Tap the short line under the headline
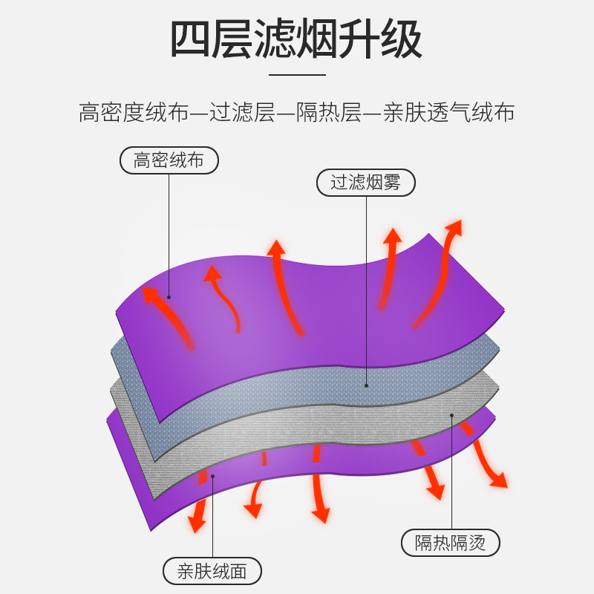297,74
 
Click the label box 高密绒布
169,160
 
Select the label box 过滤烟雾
365,183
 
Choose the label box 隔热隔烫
451,543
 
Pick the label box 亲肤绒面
212,571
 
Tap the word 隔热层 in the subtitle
330,113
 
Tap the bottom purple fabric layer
356,464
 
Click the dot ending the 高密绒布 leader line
169,298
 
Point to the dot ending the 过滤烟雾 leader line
366,386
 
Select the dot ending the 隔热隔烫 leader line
451,414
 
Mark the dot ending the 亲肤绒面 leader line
212,476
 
